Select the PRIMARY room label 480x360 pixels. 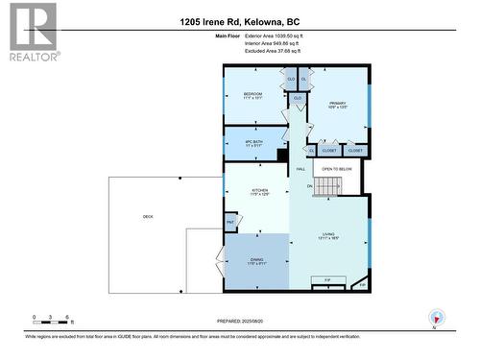[337, 106]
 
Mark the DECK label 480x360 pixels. [149, 217]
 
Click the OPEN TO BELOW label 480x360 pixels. [337, 169]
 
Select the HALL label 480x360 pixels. [300, 168]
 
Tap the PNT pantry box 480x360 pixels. [230, 223]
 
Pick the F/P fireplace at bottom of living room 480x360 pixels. [327, 281]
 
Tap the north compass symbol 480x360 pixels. [437, 318]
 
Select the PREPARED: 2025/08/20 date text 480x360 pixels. [240, 321]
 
